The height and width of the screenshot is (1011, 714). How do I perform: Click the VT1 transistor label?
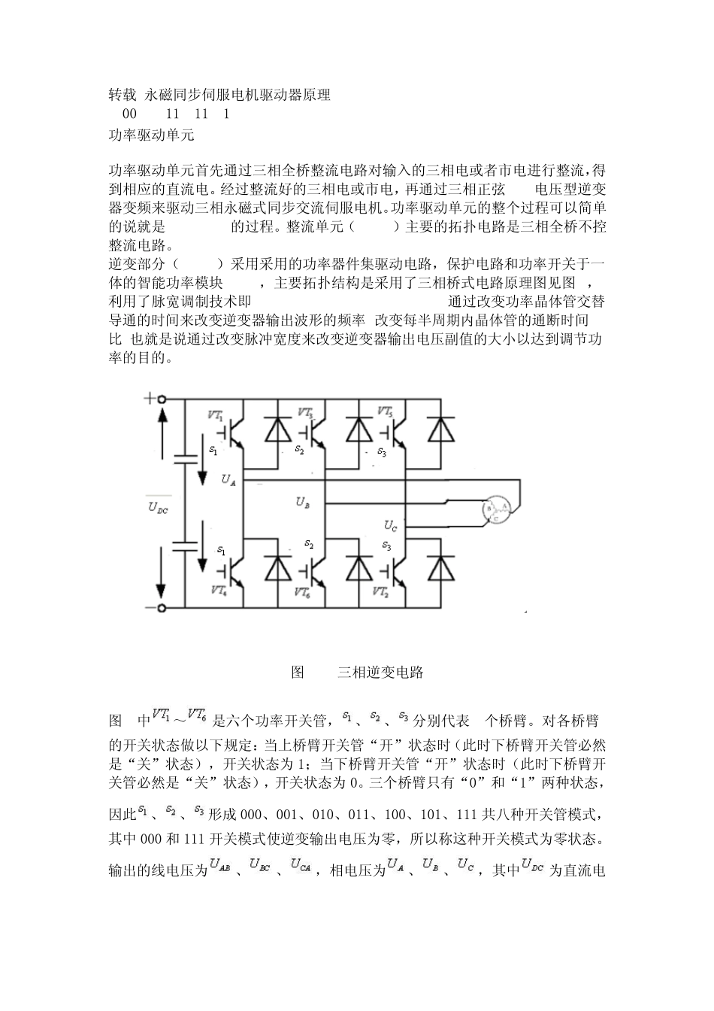click(215, 414)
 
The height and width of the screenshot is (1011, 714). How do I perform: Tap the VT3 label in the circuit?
click(305, 413)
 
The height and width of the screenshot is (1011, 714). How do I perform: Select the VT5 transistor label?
click(384, 412)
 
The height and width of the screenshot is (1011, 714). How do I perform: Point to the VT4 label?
click(219, 591)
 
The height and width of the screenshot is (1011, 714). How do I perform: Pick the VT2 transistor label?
click(381, 591)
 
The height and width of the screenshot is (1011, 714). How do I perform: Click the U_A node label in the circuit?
click(229, 480)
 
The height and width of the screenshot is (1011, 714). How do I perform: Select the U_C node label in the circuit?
click(390, 525)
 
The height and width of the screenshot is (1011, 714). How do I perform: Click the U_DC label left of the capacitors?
click(159, 507)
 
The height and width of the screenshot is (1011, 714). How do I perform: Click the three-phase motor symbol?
click(497, 510)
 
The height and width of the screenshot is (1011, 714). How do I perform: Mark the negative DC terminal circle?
click(161, 606)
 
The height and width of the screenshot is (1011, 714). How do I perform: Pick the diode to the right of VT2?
click(440, 569)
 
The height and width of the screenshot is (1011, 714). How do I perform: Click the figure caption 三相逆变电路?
click(380, 672)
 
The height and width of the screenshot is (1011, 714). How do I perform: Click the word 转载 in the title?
click(123, 95)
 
